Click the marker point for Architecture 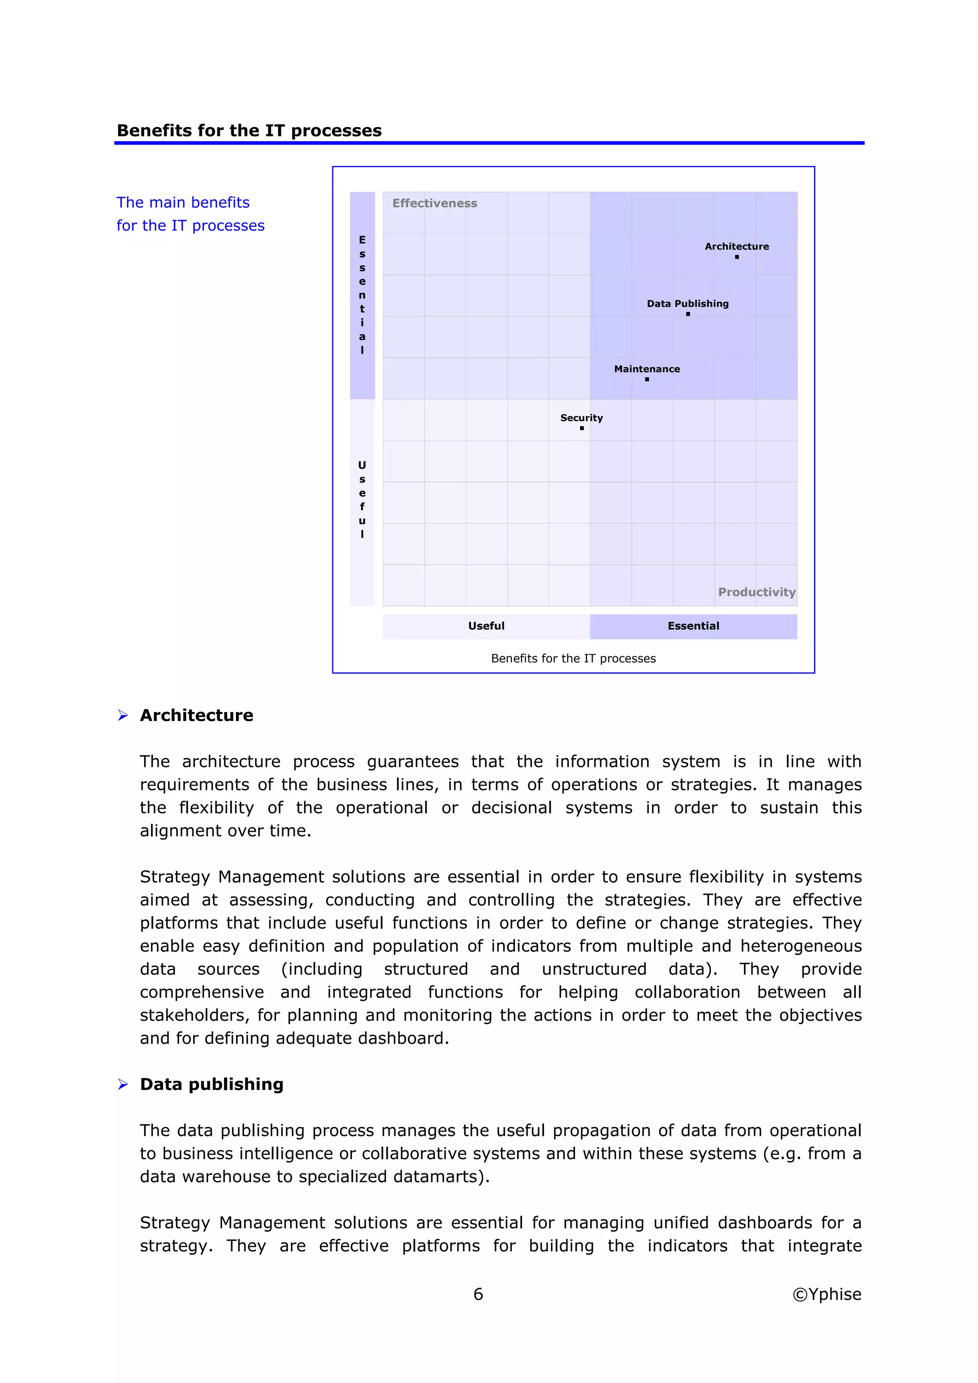pyautogui.click(x=736, y=257)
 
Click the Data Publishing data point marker pyautogui.click(x=688, y=314)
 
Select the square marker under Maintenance pyautogui.click(x=647, y=379)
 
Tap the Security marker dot pyautogui.click(x=582, y=428)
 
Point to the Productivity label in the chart pyautogui.click(x=756, y=592)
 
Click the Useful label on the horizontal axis pyautogui.click(x=486, y=626)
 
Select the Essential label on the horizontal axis pyautogui.click(x=693, y=626)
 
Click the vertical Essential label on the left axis pyautogui.click(x=362, y=294)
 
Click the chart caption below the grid pyautogui.click(x=573, y=659)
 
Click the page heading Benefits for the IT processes pyautogui.click(x=249, y=131)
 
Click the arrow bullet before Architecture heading pyautogui.click(x=123, y=715)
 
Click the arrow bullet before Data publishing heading pyautogui.click(x=123, y=1085)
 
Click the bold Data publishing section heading pyautogui.click(x=212, y=1084)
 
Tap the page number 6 pyautogui.click(x=478, y=1294)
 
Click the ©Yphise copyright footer pyautogui.click(x=827, y=1294)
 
